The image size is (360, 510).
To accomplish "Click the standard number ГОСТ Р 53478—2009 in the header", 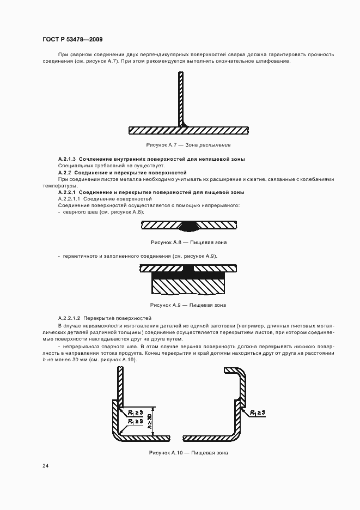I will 72,40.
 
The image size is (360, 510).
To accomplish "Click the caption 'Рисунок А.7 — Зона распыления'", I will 188,145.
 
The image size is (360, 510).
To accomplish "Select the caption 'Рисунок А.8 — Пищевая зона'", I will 188,242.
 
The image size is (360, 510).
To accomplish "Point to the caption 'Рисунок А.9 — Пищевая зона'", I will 188,305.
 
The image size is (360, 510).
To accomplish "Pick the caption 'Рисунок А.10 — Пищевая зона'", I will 188,453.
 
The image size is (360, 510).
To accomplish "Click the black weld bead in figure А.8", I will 188,224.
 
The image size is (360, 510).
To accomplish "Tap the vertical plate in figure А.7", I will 180,98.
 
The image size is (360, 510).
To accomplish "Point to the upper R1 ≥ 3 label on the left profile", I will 136,413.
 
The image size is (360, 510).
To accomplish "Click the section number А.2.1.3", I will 67,159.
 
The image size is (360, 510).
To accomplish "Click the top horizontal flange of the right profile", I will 233,370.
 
